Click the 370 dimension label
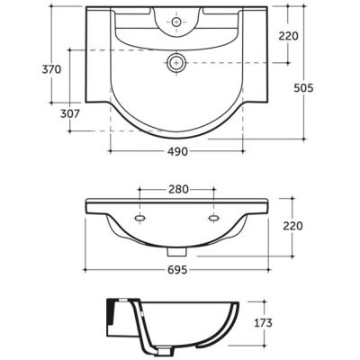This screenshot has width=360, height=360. (x=51, y=69)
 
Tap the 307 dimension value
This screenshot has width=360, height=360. (x=70, y=113)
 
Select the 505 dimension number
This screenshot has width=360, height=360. (x=303, y=88)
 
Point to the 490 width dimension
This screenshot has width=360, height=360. (x=177, y=152)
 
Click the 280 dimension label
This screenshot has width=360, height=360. (x=178, y=189)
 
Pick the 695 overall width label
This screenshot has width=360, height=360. (x=177, y=270)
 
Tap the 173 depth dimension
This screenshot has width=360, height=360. (x=263, y=323)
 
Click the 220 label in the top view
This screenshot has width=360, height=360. (x=289, y=36)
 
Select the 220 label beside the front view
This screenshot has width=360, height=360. (x=292, y=226)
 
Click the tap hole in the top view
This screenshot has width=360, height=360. (x=176, y=22)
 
